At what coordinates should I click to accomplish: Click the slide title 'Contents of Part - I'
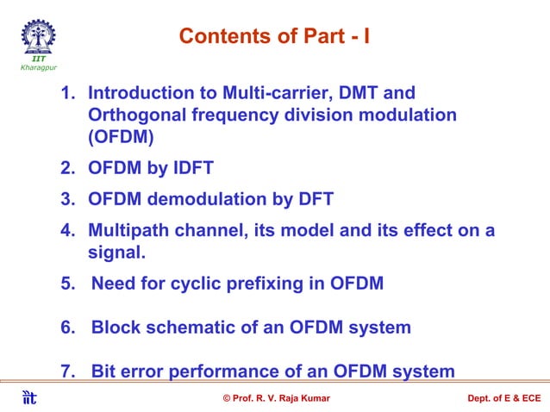pyautogui.click(x=274, y=36)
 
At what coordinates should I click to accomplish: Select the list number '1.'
pyautogui.click(x=68, y=92)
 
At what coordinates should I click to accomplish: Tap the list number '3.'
pyautogui.click(x=68, y=200)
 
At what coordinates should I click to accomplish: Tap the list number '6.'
pyautogui.click(x=68, y=328)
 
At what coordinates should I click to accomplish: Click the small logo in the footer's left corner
pyautogui.click(x=29, y=397)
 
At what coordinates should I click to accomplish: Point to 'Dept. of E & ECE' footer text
pyautogui.click(x=503, y=397)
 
